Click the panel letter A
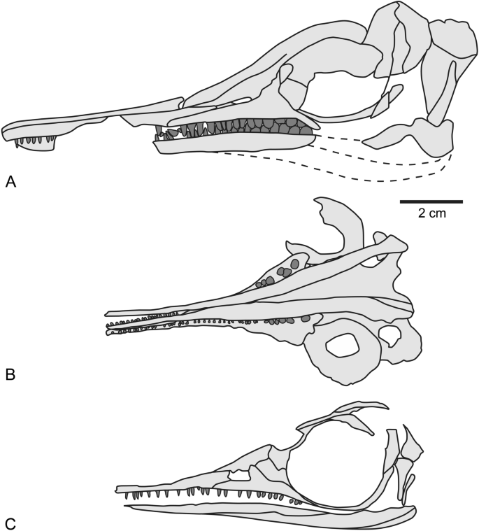point(10,182)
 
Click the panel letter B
point(10,376)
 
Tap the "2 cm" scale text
point(431,214)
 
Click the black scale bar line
point(431,201)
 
